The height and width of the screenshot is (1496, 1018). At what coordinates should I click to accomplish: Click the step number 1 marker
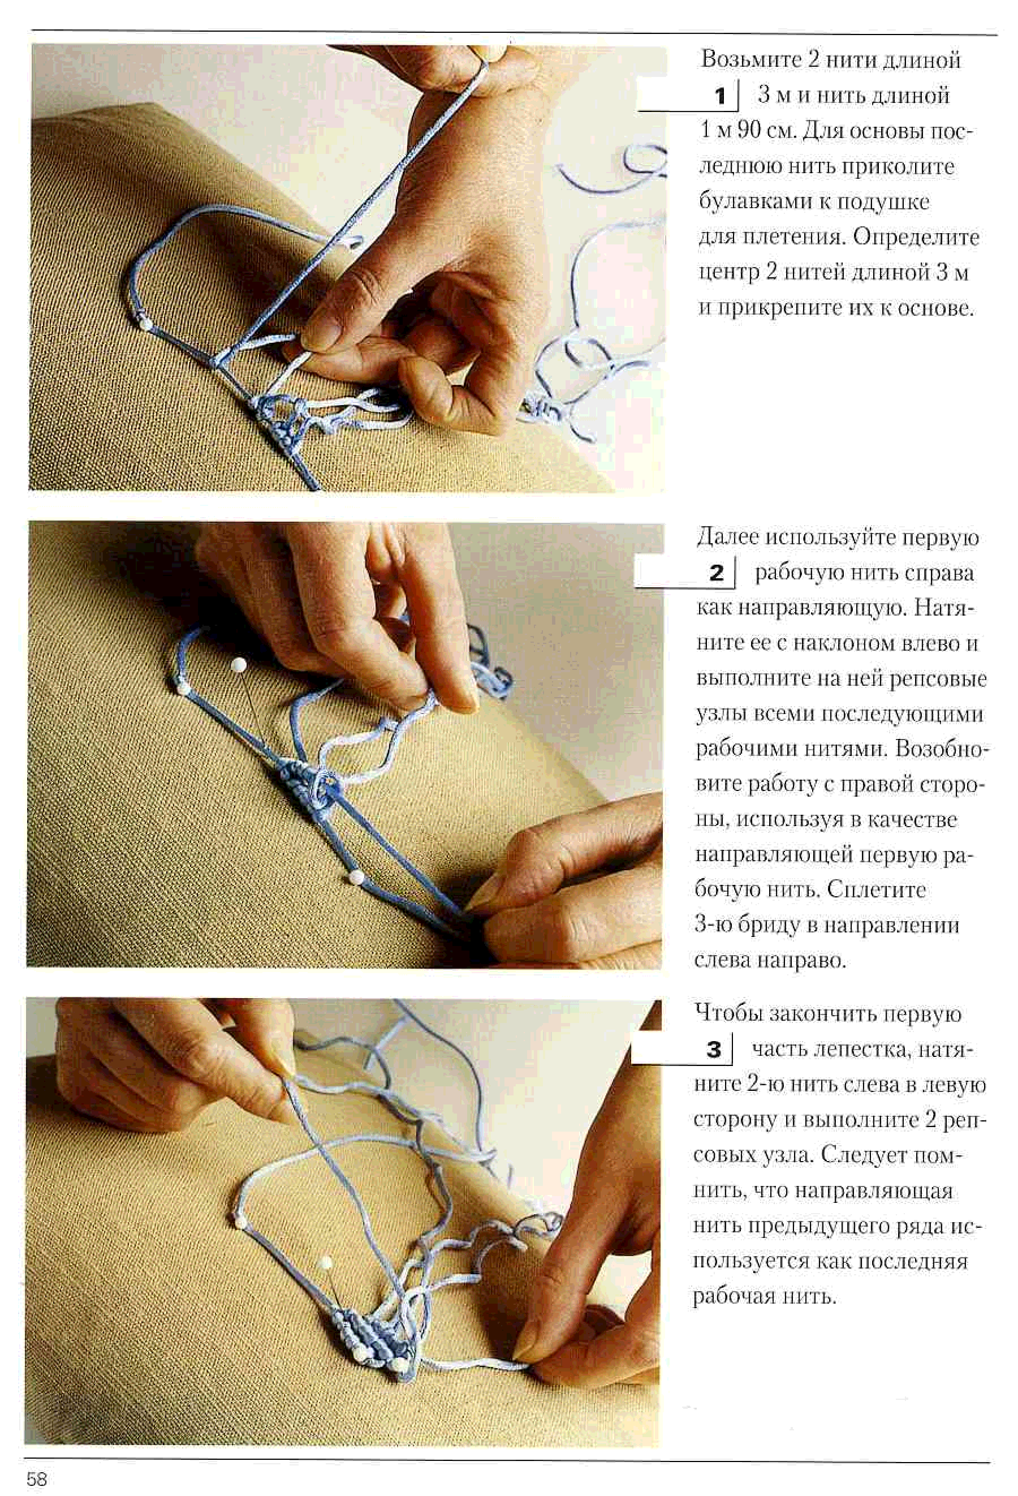point(720,97)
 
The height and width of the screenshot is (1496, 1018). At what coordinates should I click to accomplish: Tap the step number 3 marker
point(714,1049)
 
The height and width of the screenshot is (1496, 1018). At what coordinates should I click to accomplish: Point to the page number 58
point(37,1478)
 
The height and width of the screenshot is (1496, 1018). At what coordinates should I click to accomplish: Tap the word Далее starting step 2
point(727,537)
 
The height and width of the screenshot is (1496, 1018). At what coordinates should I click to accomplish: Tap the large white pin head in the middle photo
point(239,664)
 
